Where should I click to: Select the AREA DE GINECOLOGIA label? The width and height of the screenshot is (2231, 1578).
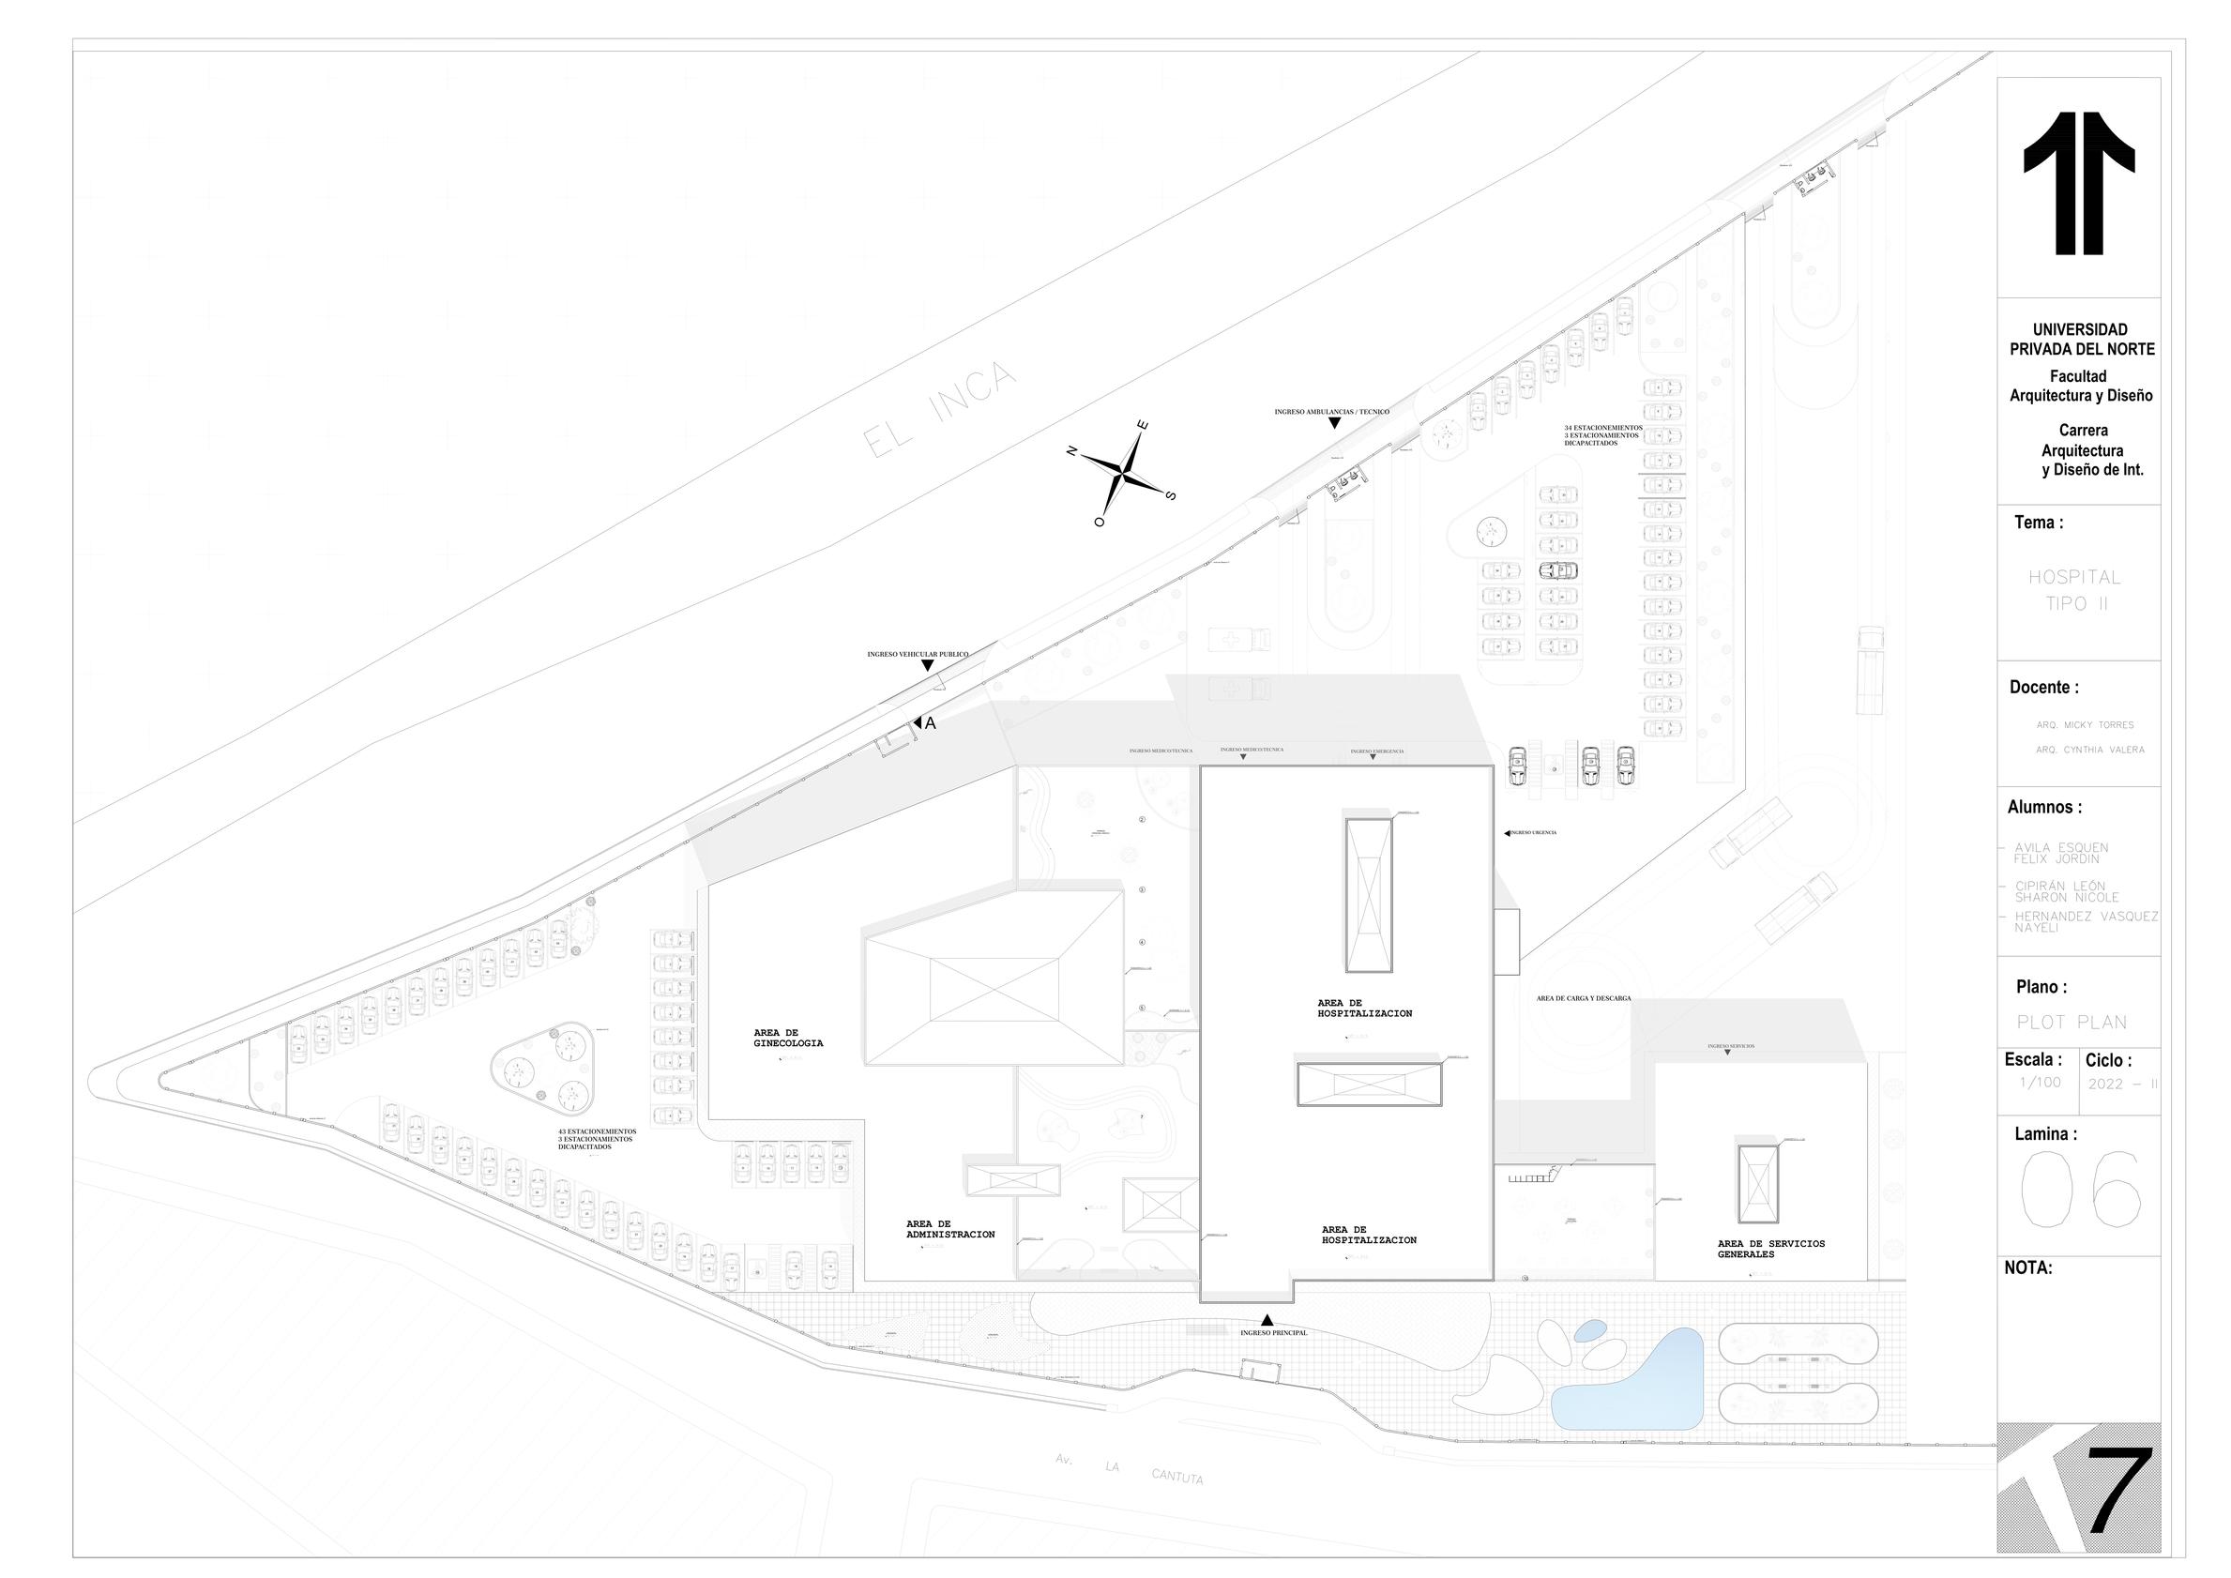coord(788,1038)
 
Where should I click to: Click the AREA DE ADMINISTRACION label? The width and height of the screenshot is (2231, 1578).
coord(949,1229)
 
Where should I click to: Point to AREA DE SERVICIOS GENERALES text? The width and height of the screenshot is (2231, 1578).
coord(1770,1249)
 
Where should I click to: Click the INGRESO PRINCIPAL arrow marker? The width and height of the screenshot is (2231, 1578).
coord(1267,1319)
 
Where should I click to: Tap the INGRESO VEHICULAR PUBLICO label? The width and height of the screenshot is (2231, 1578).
coord(918,655)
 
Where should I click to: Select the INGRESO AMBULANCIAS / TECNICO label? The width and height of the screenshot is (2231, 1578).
coord(1331,412)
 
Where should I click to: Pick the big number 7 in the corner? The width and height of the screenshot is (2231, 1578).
coord(2118,1504)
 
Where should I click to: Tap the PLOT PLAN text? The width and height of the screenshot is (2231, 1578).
coord(2072,1023)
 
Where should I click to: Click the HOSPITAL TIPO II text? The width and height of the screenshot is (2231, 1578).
coord(2073,590)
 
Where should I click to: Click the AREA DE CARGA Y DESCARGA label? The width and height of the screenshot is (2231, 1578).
coord(1583,998)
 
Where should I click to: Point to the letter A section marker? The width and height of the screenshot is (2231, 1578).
coord(930,723)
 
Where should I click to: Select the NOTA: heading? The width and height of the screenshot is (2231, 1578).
coord(2028,1268)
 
